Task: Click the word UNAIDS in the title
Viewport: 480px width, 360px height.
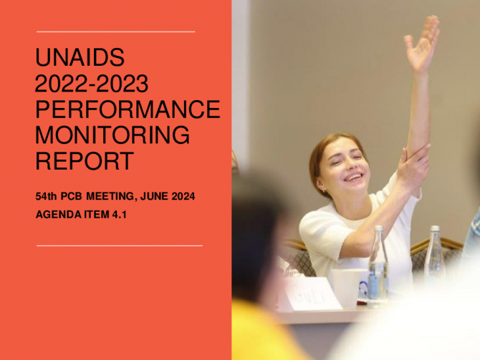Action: coord(80,57)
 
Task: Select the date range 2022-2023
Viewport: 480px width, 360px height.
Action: coord(92,83)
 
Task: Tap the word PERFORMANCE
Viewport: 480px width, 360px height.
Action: coord(128,110)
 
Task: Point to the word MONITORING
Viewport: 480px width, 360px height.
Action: coord(112,135)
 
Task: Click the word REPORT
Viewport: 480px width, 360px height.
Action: coord(85,161)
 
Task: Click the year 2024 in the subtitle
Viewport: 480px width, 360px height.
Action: coord(183,196)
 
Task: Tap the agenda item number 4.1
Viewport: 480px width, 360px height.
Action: coord(120,215)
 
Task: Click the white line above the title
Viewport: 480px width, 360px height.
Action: coord(116,31)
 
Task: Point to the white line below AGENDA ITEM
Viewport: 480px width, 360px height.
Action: coord(120,245)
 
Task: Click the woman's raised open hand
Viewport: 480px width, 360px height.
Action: coord(423,44)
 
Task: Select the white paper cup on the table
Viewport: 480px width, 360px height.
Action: coord(347,288)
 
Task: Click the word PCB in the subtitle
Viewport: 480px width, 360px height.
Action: coord(71,196)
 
